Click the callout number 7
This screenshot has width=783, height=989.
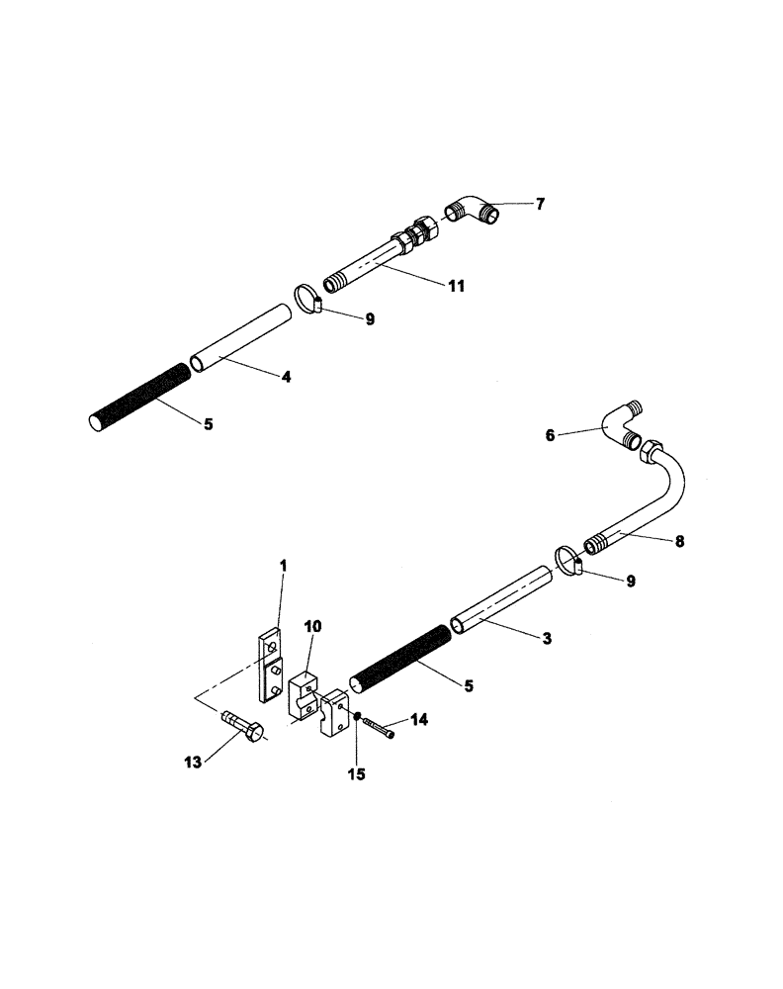[x=540, y=205]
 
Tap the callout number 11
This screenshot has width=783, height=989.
[x=455, y=286]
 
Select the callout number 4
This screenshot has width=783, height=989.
[x=285, y=377]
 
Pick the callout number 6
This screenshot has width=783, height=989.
[x=552, y=433]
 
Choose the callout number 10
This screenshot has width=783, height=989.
[x=313, y=627]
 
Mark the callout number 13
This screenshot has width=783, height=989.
[x=193, y=762]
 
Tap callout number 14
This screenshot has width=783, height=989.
[x=419, y=721]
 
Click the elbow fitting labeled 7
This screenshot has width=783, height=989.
[x=475, y=212]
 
